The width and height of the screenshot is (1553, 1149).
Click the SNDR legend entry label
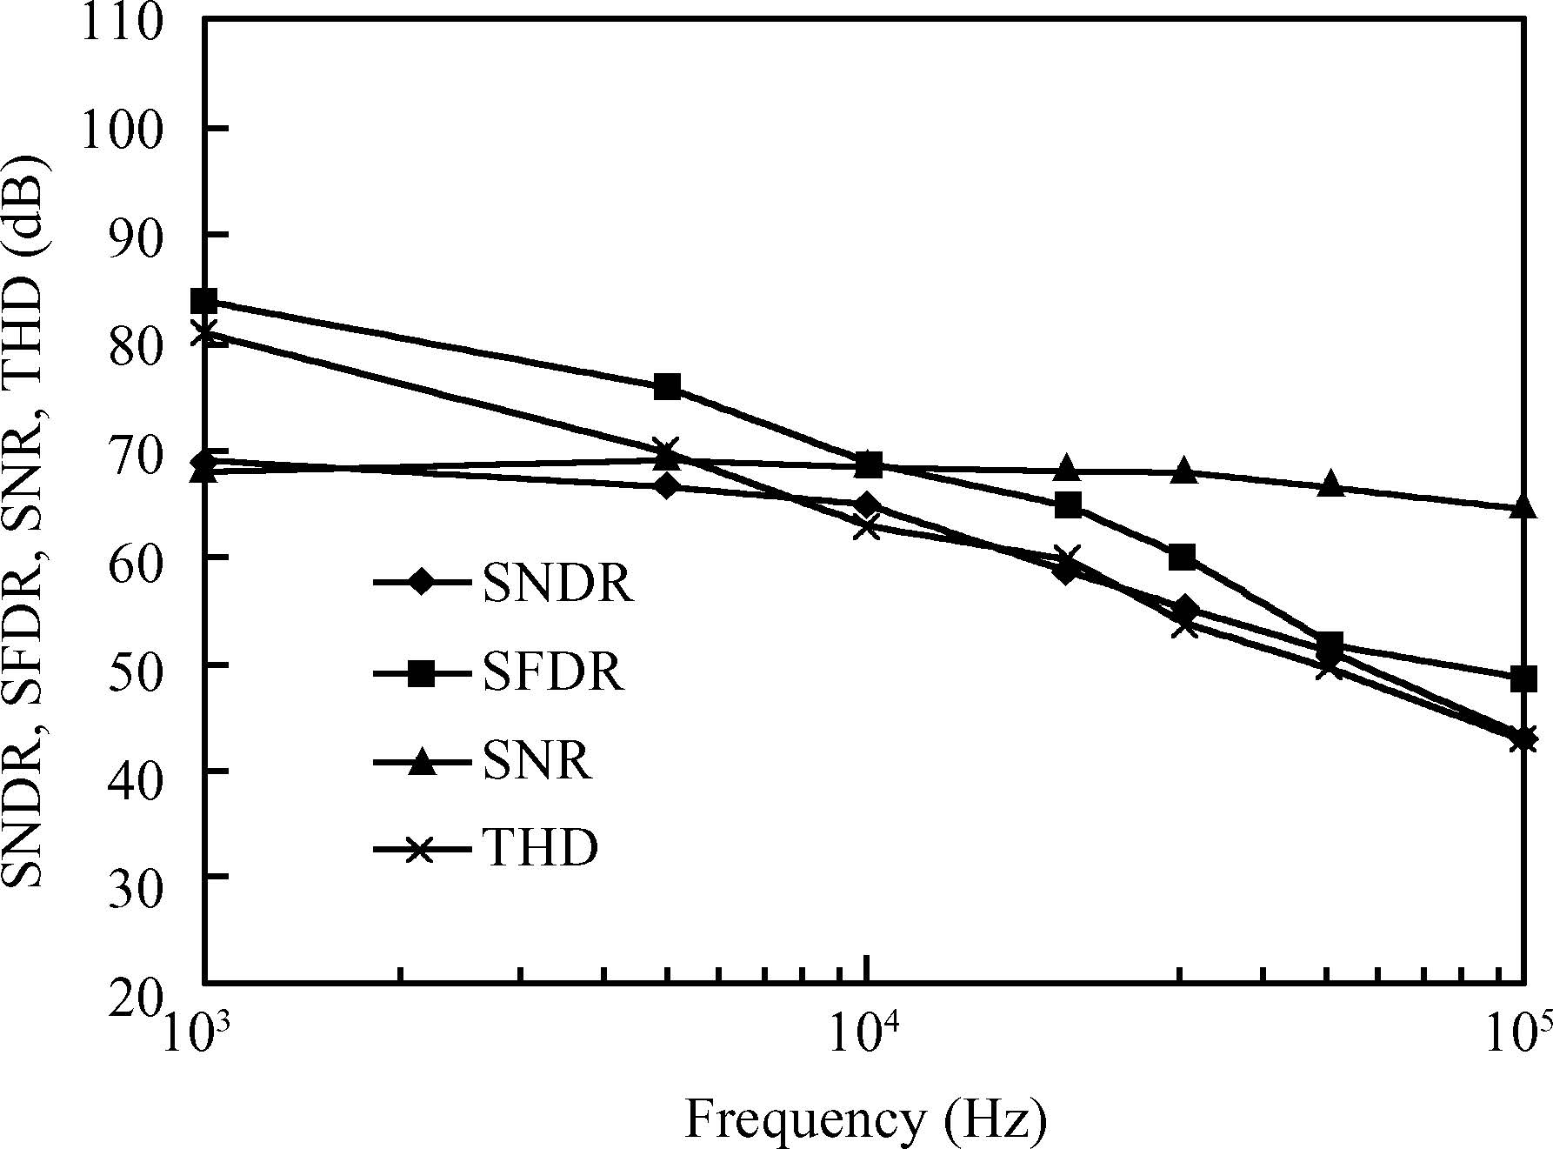coord(557,584)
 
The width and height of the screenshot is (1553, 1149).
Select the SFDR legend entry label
coord(553,672)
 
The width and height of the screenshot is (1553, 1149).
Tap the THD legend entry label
coord(540,848)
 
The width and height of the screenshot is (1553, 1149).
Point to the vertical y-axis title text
coord(23,522)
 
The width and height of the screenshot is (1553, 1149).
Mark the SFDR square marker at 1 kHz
coord(204,302)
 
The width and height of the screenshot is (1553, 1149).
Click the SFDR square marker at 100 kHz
coord(1522,678)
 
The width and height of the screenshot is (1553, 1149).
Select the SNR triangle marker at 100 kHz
coord(1522,507)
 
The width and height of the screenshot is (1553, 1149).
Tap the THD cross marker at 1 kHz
coord(204,334)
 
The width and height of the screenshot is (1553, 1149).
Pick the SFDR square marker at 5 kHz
coord(667,387)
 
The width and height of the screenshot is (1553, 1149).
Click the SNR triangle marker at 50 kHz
coord(1330,485)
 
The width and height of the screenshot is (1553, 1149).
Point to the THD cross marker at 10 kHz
coord(866,526)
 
